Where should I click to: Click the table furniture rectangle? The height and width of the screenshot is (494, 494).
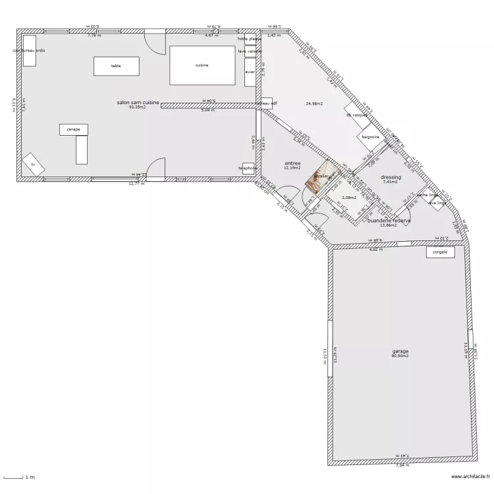[116, 66]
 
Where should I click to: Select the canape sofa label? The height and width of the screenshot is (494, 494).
[73, 130]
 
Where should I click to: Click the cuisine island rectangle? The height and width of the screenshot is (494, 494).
[202, 65]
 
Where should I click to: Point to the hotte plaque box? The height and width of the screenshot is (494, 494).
[250, 40]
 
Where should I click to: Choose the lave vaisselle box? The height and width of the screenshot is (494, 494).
[250, 51]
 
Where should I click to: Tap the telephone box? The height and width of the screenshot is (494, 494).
[248, 169]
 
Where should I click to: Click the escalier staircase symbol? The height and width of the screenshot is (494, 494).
[320, 178]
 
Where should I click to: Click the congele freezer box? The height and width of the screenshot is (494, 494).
[440, 252]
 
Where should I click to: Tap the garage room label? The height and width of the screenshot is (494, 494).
[400, 351]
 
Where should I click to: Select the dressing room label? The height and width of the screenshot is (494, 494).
[391, 177]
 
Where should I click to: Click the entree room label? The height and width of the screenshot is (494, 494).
[292, 163]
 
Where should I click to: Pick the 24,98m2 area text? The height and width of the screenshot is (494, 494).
[316, 103]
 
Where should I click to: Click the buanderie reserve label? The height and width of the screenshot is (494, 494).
[389, 221]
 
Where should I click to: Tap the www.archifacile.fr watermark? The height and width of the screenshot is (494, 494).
[470, 478]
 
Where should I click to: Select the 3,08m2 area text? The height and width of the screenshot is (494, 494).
[349, 197]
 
